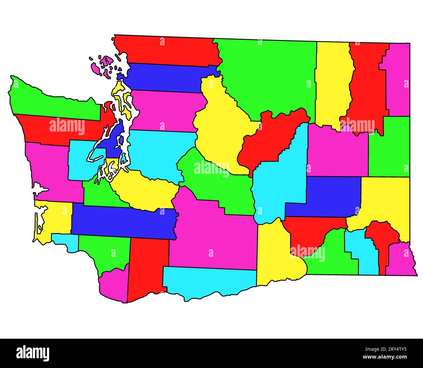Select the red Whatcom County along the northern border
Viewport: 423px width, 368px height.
(x=169, y=50)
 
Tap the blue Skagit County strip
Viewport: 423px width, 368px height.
(x=166, y=78)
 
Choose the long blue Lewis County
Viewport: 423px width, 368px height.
(x=124, y=221)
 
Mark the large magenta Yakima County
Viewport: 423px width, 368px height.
(x=211, y=234)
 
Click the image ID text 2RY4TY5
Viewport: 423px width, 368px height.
(x=390, y=350)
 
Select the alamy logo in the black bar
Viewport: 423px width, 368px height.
(x=33, y=353)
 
